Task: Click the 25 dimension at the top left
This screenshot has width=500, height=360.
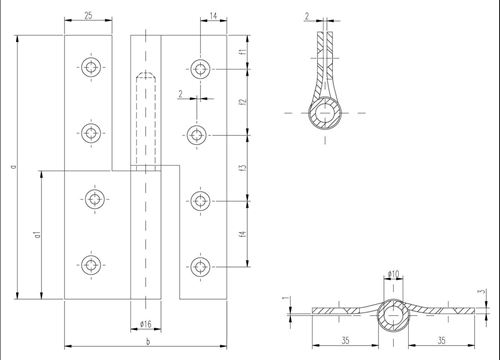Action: (x=88, y=15)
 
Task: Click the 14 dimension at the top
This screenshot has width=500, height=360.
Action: (x=214, y=16)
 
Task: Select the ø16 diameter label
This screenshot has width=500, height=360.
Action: (x=146, y=324)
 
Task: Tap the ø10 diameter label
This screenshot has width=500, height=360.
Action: (x=393, y=274)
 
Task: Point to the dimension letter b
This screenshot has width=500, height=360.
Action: (x=148, y=341)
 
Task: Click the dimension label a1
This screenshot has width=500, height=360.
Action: (x=38, y=234)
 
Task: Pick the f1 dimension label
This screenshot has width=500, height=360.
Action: (x=243, y=52)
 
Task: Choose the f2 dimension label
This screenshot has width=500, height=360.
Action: (x=243, y=102)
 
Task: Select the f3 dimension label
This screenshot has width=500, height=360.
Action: (x=243, y=168)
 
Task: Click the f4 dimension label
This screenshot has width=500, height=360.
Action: (x=243, y=234)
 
